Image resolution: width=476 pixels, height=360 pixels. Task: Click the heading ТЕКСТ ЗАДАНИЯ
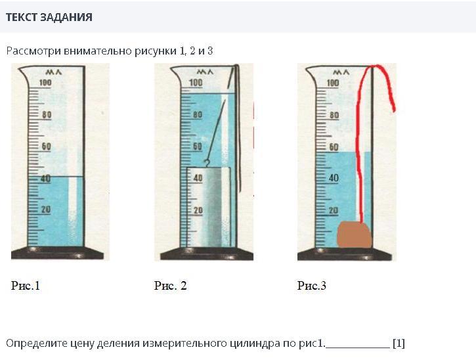pyautogui.click(x=49, y=17)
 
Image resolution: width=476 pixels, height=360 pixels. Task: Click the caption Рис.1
pyautogui.click(x=26, y=286)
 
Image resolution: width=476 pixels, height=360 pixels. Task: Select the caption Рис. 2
pyautogui.click(x=170, y=286)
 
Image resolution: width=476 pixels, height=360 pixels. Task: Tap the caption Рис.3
pyautogui.click(x=312, y=286)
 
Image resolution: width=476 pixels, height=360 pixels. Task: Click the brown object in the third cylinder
pyautogui.click(x=355, y=235)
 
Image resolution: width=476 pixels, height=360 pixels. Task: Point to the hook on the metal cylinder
pyautogui.click(x=207, y=163)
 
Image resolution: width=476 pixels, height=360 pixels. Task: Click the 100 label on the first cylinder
pyautogui.click(x=45, y=82)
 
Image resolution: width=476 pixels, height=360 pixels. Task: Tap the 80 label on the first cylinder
pyautogui.click(x=47, y=114)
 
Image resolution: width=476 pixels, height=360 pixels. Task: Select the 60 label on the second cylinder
pyautogui.click(x=198, y=146)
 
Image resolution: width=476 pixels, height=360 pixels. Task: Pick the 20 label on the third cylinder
pyautogui.click(x=334, y=210)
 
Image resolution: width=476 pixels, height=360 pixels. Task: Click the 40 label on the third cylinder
pyautogui.click(x=334, y=178)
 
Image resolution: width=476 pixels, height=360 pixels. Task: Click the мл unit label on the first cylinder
pyautogui.click(x=54, y=72)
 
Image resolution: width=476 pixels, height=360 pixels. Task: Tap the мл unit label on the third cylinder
pyautogui.click(x=341, y=72)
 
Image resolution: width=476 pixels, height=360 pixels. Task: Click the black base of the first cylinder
pyautogui.click(x=57, y=253)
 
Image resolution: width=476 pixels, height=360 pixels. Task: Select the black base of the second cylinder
pyautogui.click(x=207, y=254)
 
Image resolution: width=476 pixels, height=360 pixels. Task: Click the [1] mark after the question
pyautogui.click(x=399, y=344)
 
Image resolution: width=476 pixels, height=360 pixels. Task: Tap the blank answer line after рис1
pyautogui.click(x=358, y=347)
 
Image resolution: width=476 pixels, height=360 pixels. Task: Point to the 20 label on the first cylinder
pyautogui.click(x=46, y=210)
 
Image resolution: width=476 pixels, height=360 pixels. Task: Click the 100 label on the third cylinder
pyautogui.click(x=333, y=83)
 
